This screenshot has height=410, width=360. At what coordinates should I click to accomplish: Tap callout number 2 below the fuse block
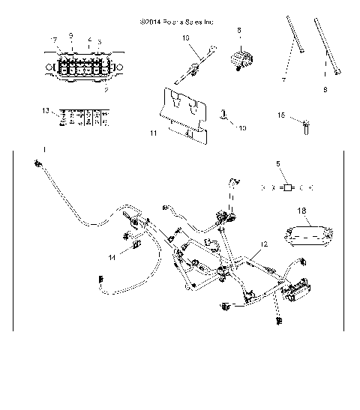coord(106,89)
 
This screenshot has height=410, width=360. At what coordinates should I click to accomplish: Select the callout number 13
coord(45,110)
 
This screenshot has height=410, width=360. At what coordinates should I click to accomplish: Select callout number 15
coord(282,115)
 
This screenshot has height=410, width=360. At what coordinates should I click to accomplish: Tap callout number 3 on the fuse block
coord(100,42)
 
